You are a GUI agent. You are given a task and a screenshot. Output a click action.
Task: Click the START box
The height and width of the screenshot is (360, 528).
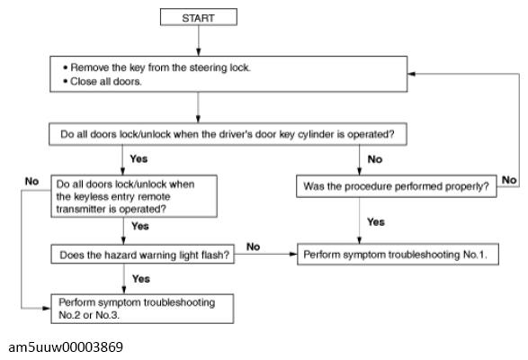(x=198, y=17)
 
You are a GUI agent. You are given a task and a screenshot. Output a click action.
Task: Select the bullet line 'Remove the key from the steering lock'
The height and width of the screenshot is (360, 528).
(x=157, y=67)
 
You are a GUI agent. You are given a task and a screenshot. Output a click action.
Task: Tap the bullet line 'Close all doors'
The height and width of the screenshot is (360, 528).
(x=103, y=82)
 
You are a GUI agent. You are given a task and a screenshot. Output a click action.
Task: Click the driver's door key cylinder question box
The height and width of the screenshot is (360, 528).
(x=228, y=134)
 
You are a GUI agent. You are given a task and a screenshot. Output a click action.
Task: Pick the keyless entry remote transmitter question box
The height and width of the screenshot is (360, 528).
(x=134, y=196)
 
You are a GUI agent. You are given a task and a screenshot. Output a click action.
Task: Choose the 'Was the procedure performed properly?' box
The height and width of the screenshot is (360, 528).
(x=397, y=186)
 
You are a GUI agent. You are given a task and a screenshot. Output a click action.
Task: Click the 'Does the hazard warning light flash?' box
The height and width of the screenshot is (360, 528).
(x=143, y=255)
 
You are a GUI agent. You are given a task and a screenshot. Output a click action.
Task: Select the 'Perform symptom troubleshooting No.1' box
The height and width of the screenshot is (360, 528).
(x=398, y=254)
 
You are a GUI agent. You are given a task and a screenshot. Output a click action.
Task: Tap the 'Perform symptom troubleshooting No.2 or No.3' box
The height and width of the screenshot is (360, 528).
(x=142, y=309)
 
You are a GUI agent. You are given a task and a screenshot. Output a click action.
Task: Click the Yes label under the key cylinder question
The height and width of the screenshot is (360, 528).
(x=139, y=158)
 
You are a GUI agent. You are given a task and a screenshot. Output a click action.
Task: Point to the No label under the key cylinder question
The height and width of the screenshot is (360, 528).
(x=375, y=159)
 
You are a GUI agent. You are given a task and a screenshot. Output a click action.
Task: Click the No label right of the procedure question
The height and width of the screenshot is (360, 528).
(x=509, y=180)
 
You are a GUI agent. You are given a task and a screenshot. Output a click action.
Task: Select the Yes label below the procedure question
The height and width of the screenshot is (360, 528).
(x=376, y=221)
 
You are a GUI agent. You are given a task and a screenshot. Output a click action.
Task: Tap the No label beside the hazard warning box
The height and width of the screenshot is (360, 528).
(x=253, y=247)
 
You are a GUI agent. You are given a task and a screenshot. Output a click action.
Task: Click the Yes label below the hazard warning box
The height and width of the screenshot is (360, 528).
(x=141, y=279)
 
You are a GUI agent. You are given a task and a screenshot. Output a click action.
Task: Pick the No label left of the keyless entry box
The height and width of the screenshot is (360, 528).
(x=31, y=181)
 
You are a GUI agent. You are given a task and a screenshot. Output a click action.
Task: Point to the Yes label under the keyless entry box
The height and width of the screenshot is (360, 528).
(x=140, y=226)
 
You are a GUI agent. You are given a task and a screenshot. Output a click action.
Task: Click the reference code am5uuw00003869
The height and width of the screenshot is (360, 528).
(x=66, y=347)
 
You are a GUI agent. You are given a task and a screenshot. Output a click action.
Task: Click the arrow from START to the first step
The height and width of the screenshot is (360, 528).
(x=198, y=40)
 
